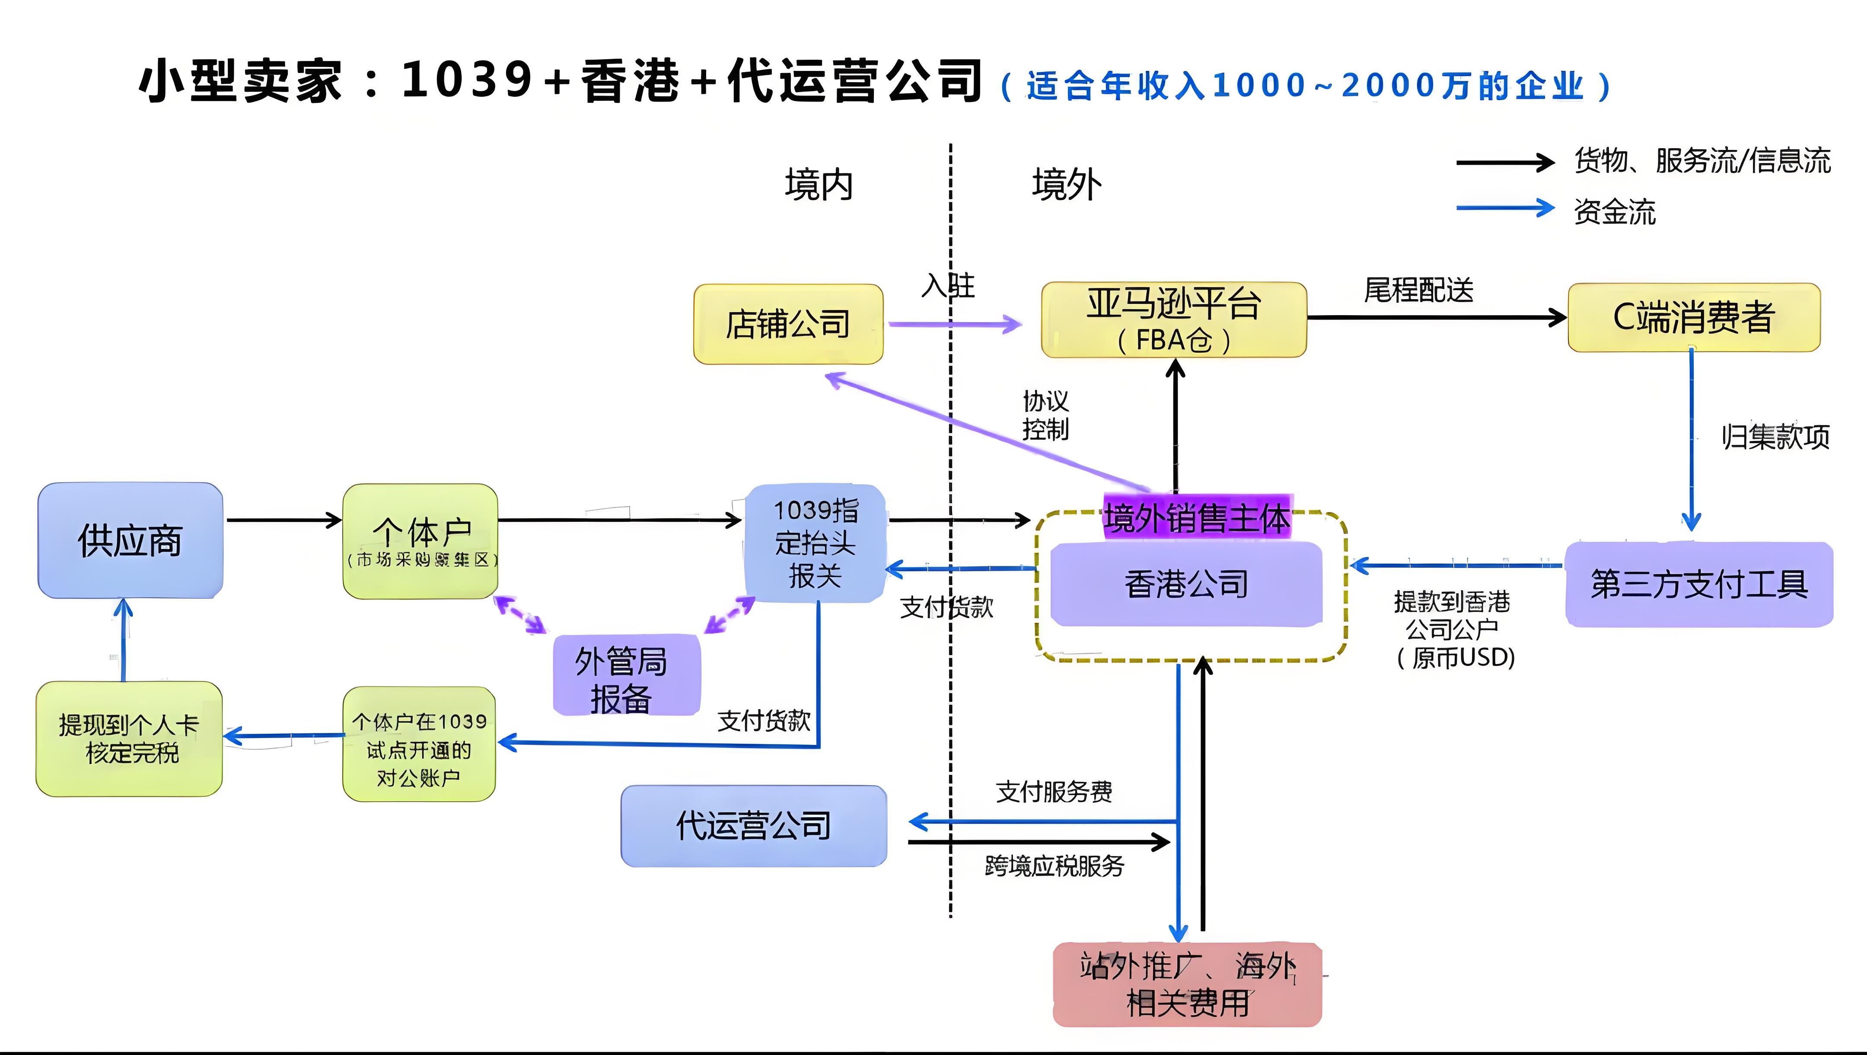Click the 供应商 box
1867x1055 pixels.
click(131, 540)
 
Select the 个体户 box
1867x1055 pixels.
click(421, 540)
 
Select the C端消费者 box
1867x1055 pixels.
click(1693, 318)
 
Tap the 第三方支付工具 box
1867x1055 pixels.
click(1698, 584)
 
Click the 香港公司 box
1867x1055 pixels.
click(1186, 584)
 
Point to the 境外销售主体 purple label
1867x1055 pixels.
click(1196, 518)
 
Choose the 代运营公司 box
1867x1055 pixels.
click(754, 825)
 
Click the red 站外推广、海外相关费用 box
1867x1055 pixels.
click(1187, 984)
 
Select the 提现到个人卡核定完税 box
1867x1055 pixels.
click(129, 738)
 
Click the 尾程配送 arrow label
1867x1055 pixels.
click(1418, 290)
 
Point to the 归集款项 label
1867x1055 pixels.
click(1775, 437)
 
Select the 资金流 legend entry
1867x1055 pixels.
click(1614, 212)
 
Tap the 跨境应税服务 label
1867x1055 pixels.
click(1054, 866)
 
